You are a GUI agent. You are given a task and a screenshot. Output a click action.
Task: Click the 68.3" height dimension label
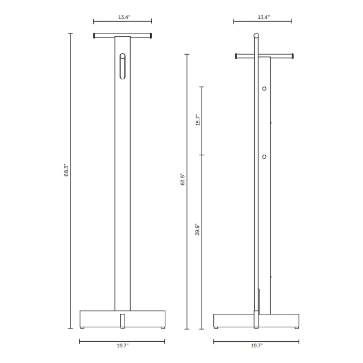click(66, 170)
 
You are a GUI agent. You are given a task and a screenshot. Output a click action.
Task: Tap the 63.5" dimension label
click(183, 179)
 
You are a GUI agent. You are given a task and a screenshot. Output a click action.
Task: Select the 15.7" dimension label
click(198, 120)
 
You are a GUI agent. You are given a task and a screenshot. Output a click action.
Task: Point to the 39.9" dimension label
click(197, 230)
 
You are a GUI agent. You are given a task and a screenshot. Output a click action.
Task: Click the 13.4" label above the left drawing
click(125, 17)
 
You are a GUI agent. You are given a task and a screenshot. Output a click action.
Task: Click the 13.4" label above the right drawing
click(264, 17)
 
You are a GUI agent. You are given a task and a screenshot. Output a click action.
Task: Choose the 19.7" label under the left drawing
click(122, 346)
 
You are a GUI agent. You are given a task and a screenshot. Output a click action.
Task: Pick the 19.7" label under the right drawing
click(257, 346)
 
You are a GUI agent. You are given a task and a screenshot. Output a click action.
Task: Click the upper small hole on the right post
click(264, 88)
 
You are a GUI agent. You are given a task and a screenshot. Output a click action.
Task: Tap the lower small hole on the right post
click(264, 157)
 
